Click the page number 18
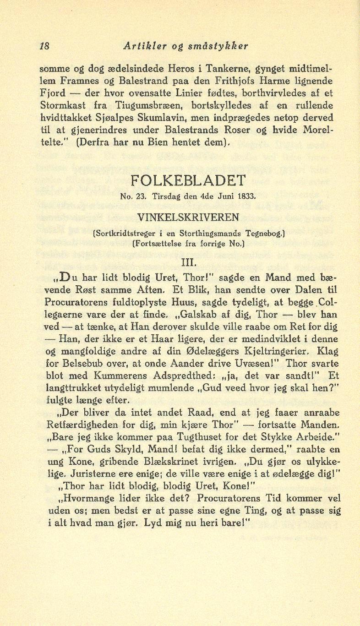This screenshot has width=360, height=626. (45, 46)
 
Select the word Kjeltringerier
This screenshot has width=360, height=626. (268, 352)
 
